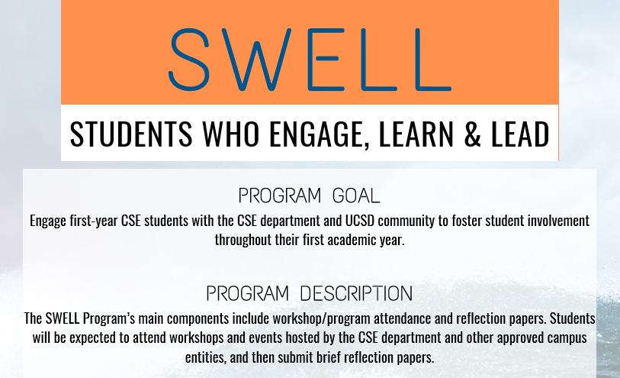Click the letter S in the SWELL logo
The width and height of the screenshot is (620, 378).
pyautogui.click(x=189, y=60)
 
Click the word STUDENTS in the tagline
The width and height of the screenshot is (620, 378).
pyautogui.click(x=131, y=134)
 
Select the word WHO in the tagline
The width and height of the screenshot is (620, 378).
pyautogui.click(x=231, y=134)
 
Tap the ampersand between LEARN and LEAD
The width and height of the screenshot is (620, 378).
pyautogui.click(x=472, y=134)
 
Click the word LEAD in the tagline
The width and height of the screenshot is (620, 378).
pyautogui.click(x=520, y=134)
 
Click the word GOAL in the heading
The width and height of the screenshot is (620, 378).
pyautogui.click(x=356, y=195)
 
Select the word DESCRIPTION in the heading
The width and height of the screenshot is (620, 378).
pyautogui.click(x=356, y=293)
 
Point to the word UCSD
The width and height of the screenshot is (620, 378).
pyautogui.click(x=360, y=221)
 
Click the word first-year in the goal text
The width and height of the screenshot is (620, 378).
pyautogui.click(x=94, y=221)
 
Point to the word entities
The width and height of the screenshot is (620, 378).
pyautogui.click(x=206, y=357)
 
